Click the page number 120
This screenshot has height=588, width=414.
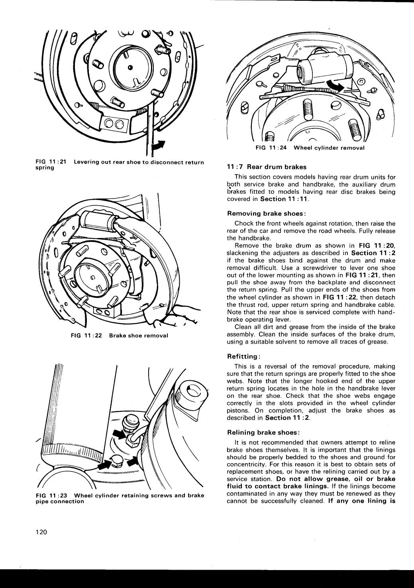[41, 532]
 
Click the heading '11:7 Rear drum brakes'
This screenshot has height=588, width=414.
[267, 167]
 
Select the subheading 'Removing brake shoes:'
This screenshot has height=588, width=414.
[266, 213]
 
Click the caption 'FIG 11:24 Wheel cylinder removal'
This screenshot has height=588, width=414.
[310, 148]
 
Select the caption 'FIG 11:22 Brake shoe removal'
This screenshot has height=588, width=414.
[119, 336]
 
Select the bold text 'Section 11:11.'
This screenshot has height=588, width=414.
[285, 199]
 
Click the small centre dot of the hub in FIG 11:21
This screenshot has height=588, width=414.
[130, 67]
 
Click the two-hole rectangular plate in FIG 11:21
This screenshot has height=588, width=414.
[114, 123]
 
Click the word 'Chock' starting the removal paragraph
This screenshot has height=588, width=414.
[243, 223]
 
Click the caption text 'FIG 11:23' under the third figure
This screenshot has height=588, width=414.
[51, 496]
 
